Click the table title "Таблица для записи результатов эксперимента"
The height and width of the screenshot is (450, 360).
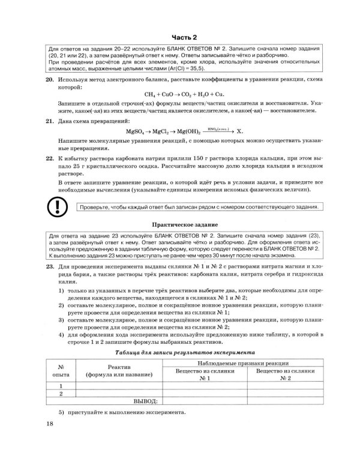[x=184, y=353]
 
